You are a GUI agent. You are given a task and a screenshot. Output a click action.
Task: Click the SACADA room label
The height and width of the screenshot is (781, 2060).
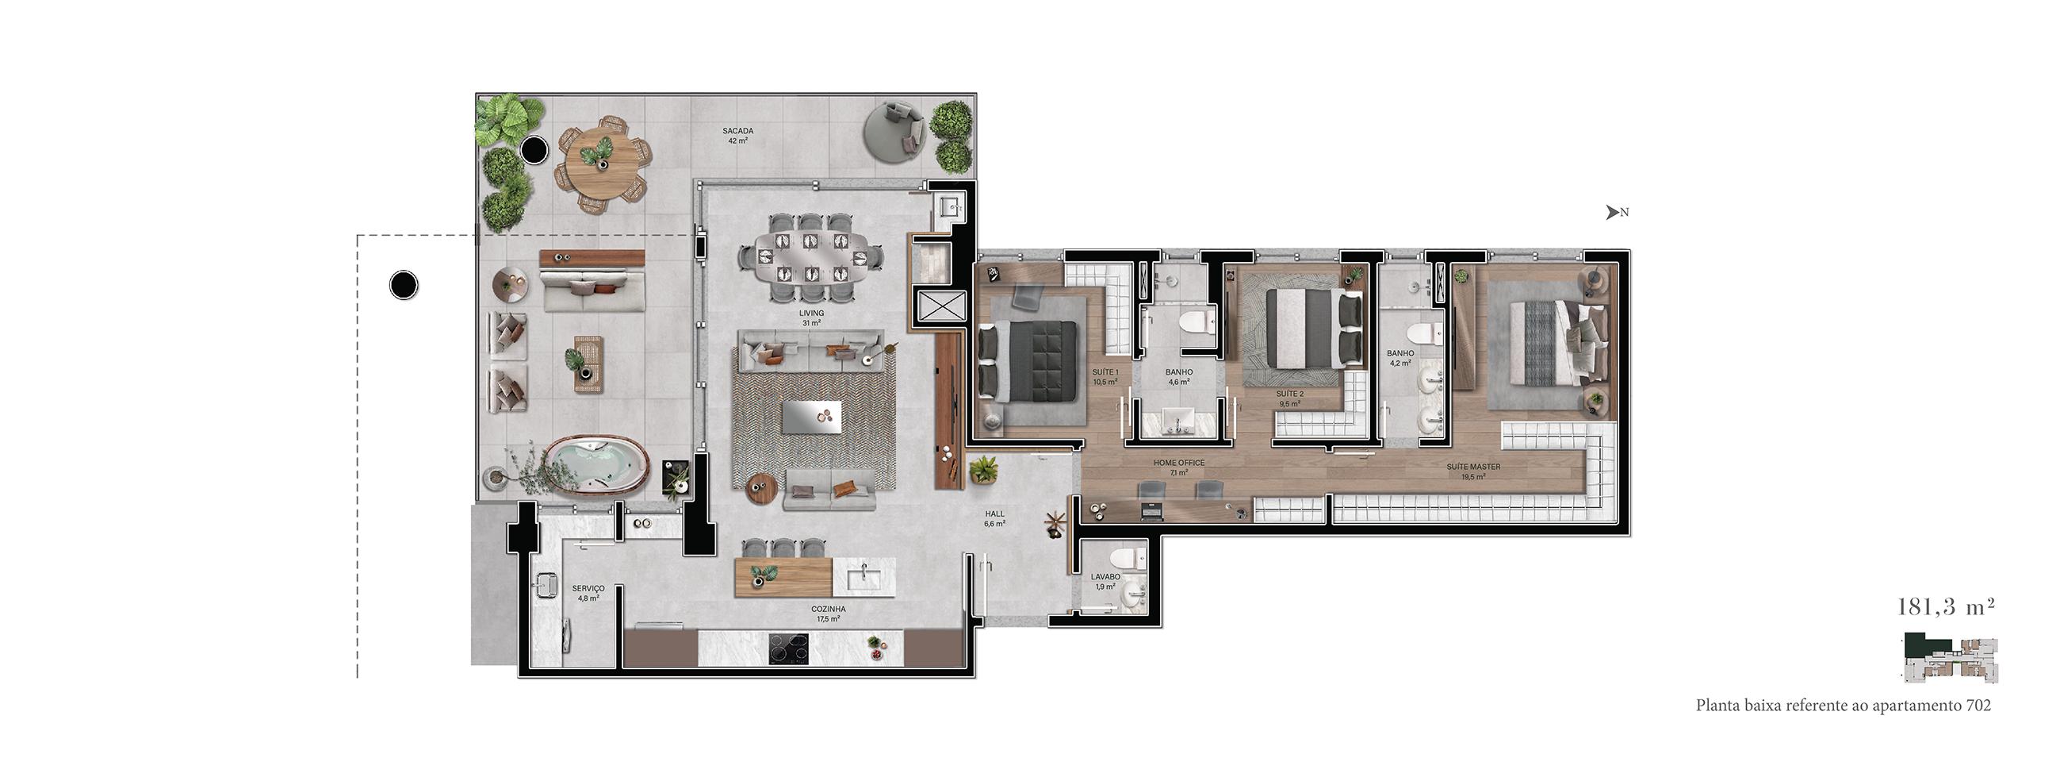click(737, 130)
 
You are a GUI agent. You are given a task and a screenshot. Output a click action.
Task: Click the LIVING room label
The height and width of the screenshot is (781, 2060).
click(811, 313)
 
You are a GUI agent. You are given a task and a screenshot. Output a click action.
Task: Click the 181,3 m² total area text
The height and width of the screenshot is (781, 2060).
click(1946, 606)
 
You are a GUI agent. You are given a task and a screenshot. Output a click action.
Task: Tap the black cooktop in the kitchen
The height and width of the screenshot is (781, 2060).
click(788, 648)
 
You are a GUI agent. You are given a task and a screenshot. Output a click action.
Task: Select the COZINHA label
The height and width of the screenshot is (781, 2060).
click(828, 609)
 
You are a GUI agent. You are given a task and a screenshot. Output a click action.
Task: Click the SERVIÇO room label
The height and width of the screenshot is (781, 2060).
click(588, 588)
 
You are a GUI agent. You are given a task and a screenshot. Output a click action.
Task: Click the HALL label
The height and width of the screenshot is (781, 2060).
click(994, 514)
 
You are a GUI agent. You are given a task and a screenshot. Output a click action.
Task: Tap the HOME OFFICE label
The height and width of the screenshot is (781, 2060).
click(1179, 463)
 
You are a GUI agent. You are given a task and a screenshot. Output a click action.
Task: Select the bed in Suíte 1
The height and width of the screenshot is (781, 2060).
click(1028, 361)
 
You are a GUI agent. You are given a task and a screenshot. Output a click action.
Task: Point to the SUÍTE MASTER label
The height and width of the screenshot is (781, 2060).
click(1473, 467)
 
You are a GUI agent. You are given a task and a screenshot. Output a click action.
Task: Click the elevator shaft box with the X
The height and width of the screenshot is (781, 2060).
click(941, 306)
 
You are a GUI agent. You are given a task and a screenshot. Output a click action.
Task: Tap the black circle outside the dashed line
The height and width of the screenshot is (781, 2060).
click(403, 285)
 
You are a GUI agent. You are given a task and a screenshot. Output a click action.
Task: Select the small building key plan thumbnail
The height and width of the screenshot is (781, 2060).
click(1951, 658)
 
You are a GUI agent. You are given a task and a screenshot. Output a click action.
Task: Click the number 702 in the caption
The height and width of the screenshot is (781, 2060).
click(1978, 706)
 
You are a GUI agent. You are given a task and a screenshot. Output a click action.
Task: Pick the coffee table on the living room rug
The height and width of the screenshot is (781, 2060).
click(811, 417)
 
